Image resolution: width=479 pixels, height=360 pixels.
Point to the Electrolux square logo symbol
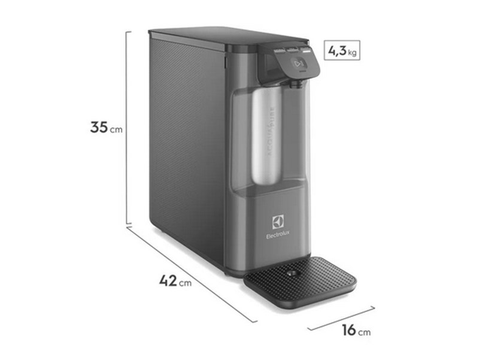277,223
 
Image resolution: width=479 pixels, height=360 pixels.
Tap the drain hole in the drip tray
292,274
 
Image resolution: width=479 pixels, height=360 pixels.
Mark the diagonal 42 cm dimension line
192,273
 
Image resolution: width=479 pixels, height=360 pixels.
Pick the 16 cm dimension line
341,318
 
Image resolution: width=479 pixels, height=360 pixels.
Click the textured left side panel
186,144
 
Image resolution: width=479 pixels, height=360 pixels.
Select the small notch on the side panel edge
226,61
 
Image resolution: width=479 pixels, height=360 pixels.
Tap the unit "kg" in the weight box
353,53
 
